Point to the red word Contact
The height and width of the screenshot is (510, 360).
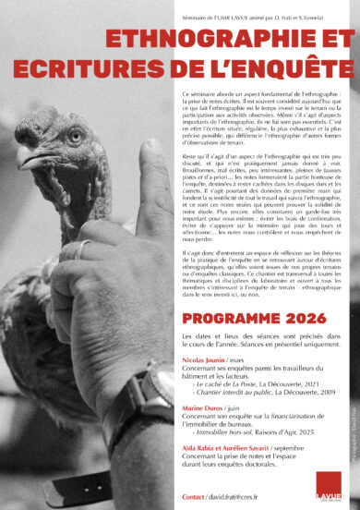pos(193,495)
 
